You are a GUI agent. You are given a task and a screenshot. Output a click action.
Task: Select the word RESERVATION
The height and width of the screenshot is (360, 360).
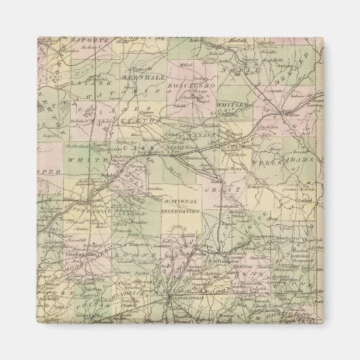(x=181, y=211)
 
